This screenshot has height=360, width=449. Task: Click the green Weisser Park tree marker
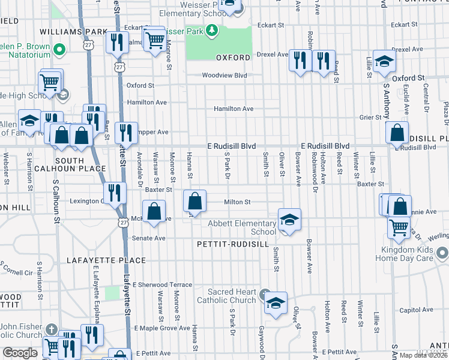click(x=211, y=30)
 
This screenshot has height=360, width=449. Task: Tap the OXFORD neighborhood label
click(x=233, y=58)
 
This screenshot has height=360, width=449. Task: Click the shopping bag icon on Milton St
click(x=194, y=200)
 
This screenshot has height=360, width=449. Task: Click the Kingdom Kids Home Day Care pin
click(x=442, y=252)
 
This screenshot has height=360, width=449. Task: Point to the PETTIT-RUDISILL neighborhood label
click(x=229, y=244)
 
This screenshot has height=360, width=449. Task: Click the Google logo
click(x=20, y=353)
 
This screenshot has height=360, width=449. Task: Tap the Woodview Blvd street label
click(x=224, y=76)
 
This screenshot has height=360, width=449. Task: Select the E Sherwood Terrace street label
click(x=163, y=284)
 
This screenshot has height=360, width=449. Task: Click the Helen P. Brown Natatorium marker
click(x=59, y=48)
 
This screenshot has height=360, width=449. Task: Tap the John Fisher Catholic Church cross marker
click(x=52, y=329)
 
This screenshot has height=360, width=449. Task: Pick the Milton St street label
click(x=237, y=202)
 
